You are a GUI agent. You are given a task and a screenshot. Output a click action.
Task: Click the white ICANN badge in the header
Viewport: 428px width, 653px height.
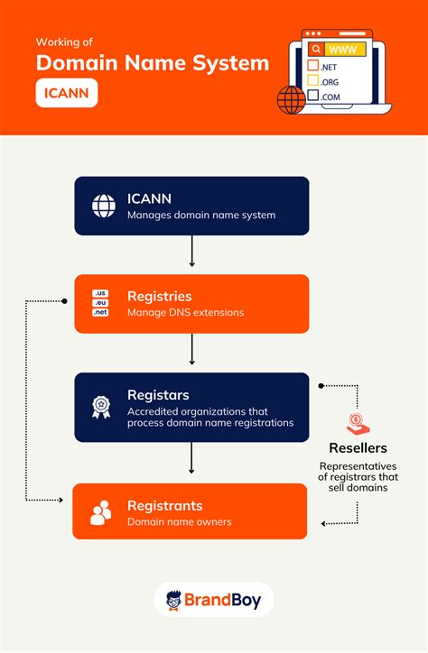point(67,94)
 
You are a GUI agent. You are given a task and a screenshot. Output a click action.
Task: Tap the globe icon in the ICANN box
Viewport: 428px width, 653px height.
point(104,206)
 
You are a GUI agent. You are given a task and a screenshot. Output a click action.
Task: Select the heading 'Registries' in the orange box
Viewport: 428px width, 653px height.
point(159,296)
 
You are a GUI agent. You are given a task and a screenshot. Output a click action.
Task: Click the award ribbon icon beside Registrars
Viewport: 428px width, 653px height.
point(100,407)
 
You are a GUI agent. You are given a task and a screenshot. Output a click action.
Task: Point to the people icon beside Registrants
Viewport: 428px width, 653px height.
point(101,512)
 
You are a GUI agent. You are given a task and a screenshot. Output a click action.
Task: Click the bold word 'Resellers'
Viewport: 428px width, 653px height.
point(358,448)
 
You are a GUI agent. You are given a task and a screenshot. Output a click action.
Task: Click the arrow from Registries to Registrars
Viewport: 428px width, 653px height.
point(191,349)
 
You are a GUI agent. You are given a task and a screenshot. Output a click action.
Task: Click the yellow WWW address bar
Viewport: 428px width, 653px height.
point(348,50)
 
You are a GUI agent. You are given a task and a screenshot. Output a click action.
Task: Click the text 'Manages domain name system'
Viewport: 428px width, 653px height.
point(200,216)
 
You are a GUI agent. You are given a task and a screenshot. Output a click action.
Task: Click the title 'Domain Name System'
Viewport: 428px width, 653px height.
point(153,63)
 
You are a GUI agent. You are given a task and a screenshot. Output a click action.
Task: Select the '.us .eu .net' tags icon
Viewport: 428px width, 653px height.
point(100,303)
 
